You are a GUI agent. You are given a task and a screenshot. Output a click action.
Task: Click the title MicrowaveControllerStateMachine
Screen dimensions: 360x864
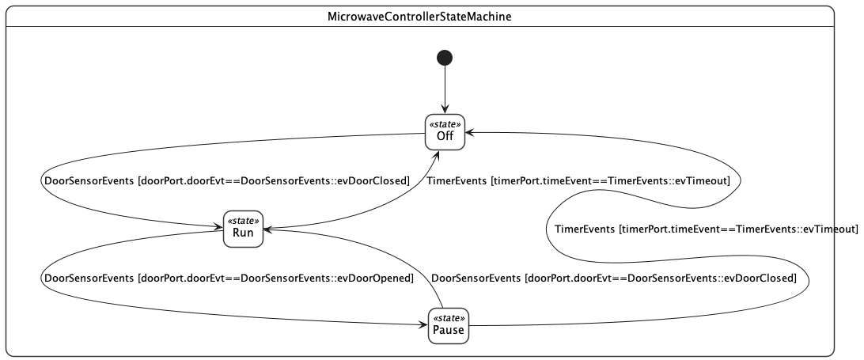(x=419, y=16)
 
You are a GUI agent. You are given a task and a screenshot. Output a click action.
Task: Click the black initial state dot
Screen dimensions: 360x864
(x=445, y=57)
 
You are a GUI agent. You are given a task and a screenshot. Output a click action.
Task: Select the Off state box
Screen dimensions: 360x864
(x=445, y=132)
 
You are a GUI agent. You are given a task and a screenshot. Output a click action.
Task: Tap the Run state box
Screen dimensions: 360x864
(x=242, y=229)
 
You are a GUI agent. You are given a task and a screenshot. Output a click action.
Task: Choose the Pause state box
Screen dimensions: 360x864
(x=449, y=325)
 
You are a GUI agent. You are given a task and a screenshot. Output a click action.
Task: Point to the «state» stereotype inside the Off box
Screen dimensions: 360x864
(x=445, y=125)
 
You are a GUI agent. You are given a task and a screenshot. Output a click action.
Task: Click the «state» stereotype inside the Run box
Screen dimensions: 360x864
(x=242, y=222)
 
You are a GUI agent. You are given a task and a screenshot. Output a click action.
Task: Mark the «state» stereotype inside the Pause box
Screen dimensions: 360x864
(x=449, y=318)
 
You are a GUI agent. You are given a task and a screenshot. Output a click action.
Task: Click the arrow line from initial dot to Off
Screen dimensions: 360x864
(x=445, y=87)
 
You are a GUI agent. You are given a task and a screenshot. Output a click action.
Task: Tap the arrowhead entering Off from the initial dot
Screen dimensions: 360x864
(x=445, y=110)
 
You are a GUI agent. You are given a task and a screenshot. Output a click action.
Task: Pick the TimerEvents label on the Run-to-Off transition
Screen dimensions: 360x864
(x=457, y=181)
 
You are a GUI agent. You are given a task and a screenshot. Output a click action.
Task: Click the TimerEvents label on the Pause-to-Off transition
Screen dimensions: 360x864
(x=584, y=229)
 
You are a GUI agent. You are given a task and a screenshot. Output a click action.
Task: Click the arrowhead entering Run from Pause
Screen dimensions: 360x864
(x=267, y=229)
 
